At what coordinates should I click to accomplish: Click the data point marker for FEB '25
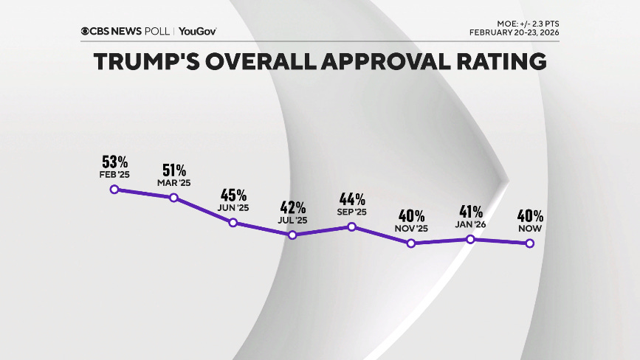click(x=114, y=189)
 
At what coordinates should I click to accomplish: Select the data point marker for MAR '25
click(x=173, y=198)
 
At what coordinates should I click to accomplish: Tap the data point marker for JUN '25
click(x=233, y=223)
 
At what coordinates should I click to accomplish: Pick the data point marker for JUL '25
click(x=292, y=235)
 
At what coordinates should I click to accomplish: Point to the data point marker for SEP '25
click(x=351, y=226)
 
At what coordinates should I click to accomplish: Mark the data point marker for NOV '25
click(x=411, y=243)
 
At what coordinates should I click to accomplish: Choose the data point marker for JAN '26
click(x=470, y=239)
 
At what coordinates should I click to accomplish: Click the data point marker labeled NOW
click(x=529, y=243)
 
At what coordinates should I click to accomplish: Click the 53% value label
click(x=116, y=162)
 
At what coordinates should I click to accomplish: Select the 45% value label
click(x=234, y=195)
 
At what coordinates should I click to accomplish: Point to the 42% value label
click(x=293, y=207)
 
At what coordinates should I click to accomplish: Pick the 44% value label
click(x=352, y=199)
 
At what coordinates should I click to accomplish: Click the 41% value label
click(x=471, y=212)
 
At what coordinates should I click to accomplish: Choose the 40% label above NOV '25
click(x=411, y=216)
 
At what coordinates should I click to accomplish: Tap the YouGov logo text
click(x=197, y=31)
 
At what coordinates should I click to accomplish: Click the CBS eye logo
click(x=86, y=31)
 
